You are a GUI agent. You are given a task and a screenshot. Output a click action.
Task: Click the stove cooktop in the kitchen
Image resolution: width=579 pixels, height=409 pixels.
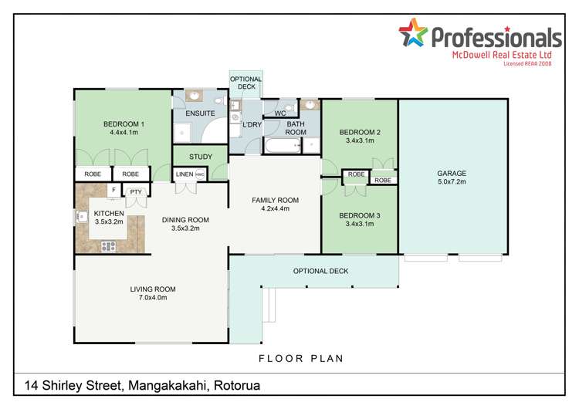[108, 246]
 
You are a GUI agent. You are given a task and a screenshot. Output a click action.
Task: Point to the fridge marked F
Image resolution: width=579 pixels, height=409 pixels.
[113, 189]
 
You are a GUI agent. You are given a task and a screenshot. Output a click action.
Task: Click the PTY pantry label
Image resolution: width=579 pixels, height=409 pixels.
[136, 191]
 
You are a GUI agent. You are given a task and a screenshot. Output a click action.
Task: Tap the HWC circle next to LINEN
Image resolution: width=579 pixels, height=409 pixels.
[199, 174]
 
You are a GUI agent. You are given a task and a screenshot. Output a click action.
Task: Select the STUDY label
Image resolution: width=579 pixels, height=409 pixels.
[200, 157]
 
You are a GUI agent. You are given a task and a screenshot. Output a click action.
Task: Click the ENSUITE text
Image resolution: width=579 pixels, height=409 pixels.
[200, 114]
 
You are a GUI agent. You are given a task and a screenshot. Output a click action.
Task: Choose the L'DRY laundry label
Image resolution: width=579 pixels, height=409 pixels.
[252, 124]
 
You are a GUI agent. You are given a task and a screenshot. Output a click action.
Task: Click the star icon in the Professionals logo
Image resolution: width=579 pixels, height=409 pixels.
[412, 34]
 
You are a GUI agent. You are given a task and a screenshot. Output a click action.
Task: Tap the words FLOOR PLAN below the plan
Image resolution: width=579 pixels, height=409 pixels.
[301, 358]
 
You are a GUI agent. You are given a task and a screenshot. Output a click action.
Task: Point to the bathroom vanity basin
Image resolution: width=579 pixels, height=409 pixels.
[310, 104]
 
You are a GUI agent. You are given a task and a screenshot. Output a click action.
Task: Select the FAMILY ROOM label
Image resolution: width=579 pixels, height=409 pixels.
[275, 200]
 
